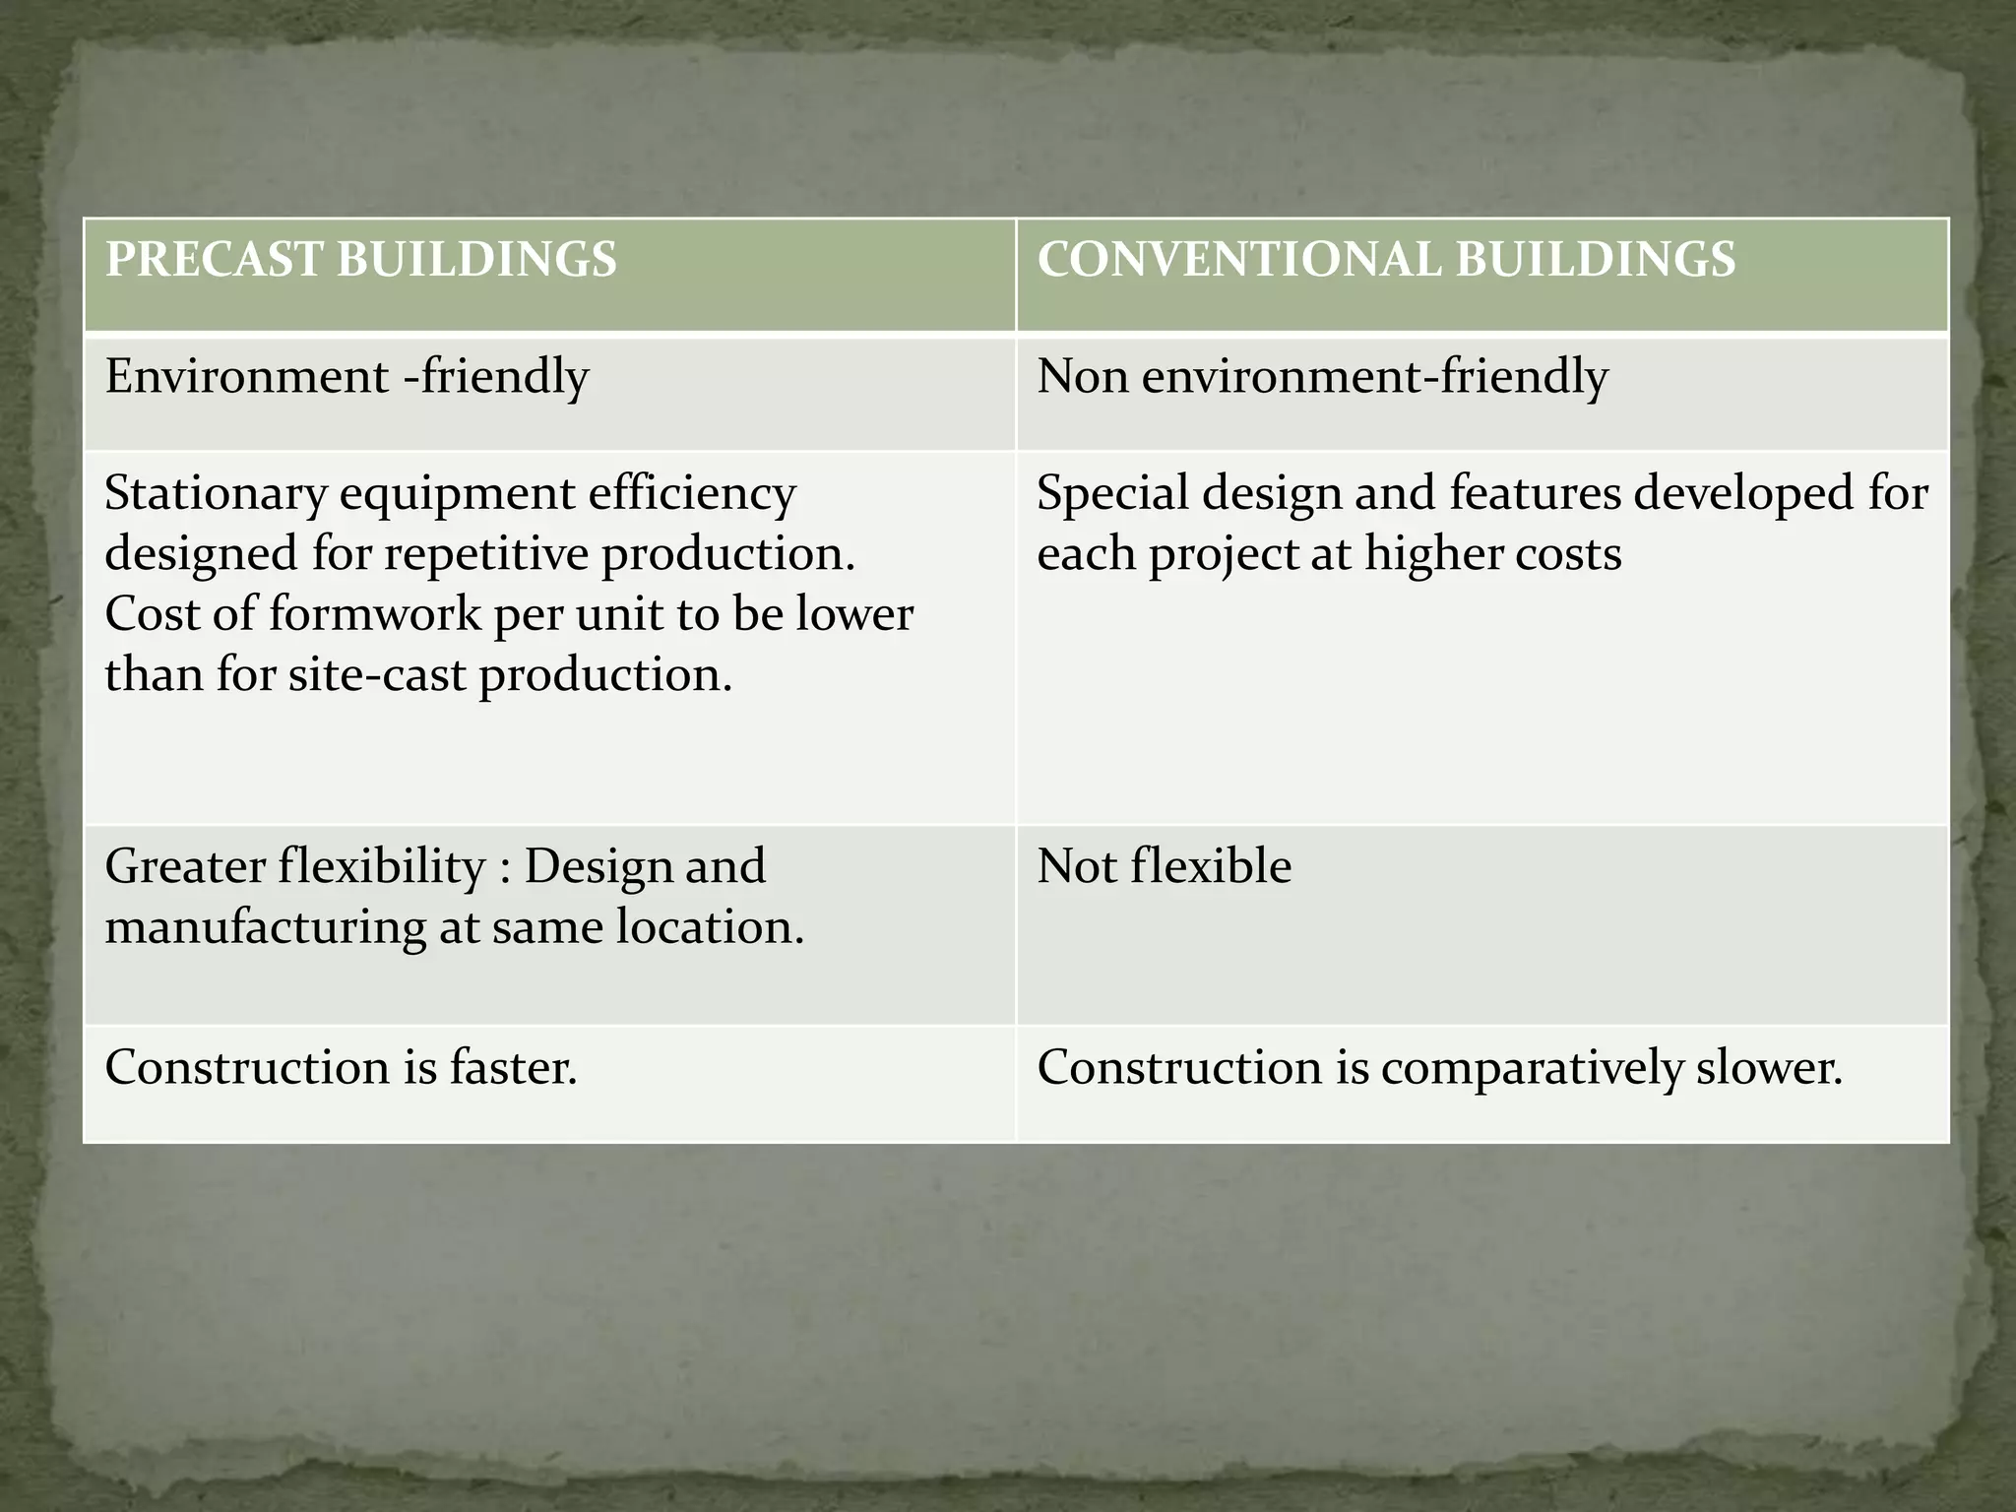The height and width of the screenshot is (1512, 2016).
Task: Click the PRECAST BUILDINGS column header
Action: click(360, 260)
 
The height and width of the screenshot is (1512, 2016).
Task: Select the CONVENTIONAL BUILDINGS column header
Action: click(1386, 260)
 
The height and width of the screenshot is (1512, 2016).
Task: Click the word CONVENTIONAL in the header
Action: click(1238, 260)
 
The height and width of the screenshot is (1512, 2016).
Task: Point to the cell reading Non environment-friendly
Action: click(1322, 377)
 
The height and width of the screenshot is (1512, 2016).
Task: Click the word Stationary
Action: click(215, 493)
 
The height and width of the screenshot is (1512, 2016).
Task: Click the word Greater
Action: click(185, 867)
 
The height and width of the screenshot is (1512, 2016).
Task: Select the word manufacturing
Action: click(264, 928)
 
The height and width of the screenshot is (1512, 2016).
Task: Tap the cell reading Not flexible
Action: click(1164, 867)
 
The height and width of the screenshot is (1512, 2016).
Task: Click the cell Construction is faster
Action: click(341, 1068)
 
